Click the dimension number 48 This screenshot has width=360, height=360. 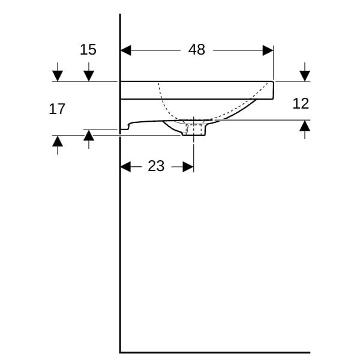(197, 50)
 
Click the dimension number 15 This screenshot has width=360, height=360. (88, 50)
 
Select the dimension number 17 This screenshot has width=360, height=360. (57, 109)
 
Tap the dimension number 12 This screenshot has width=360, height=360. (301, 104)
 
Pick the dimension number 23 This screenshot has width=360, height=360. (156, 166)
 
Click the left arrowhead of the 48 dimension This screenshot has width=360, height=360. (125, 50)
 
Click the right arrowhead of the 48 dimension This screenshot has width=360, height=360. (268, 50)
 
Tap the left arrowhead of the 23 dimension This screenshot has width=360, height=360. (125, 167)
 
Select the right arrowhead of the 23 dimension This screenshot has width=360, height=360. (188, 167)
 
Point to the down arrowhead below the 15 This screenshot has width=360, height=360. (89, 76)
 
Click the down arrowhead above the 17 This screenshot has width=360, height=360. (58, 76)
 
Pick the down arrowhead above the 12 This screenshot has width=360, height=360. (305, 76)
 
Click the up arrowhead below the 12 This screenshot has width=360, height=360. (305, 126)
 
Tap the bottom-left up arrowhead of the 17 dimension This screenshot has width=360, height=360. (58, 141)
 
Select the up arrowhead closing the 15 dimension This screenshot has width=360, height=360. (89, 135)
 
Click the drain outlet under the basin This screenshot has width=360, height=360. (194, 130)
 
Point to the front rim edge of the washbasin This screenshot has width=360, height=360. (273, 91)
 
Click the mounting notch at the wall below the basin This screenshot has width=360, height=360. (125, 127)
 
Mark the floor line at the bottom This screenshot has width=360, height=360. (215, 352)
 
